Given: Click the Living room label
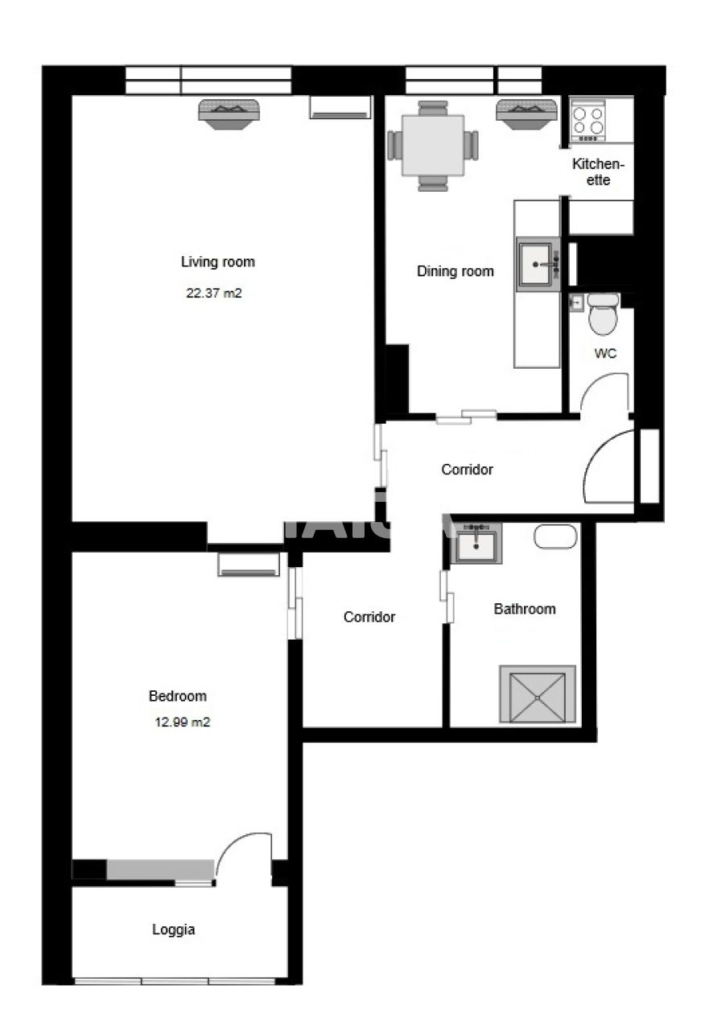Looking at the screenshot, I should tap(217, 262).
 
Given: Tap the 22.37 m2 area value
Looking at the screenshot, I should tap(214, 294).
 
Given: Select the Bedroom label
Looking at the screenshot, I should tap(178, 696).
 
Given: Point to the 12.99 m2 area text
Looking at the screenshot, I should tap(182, 723).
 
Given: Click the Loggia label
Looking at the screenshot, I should tap(174, 930).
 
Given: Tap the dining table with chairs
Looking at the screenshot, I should tap(433, 145).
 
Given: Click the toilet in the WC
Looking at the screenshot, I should tap(602, 315).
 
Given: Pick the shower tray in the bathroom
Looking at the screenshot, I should tap(537, 694).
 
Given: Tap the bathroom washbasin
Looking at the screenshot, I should tap(477, 544).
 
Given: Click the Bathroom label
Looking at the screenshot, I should tap(525, 609).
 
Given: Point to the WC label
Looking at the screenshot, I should tap(606, 354).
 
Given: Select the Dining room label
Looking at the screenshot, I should tap(456, 271).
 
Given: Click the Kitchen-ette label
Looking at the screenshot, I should tap(598, 172).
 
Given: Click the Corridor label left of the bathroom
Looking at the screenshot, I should tap(369, 617).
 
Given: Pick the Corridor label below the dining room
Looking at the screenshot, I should tap(467, 470).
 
